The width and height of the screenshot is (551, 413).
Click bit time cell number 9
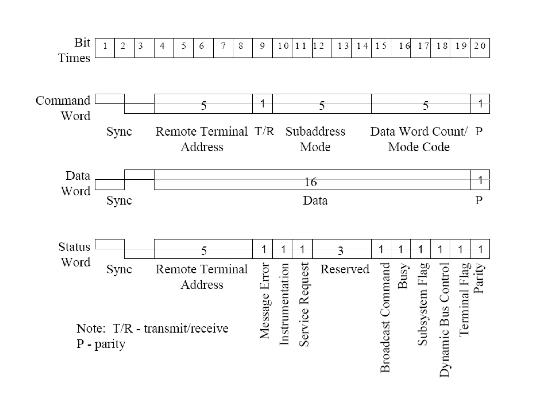[x=262, y=48]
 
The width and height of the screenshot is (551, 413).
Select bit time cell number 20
[x=480, y=48]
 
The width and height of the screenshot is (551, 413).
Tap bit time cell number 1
[x=105, y=48]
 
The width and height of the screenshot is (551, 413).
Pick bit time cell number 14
[x=361, y=48]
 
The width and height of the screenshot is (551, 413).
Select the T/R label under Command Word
[x=264, y=131]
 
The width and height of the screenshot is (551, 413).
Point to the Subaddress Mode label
[x=315, y=139]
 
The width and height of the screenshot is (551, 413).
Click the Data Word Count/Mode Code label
[x=419, y=139]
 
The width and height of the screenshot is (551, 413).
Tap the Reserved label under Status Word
[x=345, y=269]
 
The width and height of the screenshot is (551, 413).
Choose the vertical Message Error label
[x=265, y=301]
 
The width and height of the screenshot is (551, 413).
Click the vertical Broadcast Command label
[x=385, y=317]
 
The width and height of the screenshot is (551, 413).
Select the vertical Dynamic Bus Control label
[x=444, y=320]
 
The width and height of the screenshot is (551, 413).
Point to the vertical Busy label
[x=403, y=276]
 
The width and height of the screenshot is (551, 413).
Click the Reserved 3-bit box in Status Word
[x=341, y=249]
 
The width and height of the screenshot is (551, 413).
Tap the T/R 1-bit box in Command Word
[x=262, y=104]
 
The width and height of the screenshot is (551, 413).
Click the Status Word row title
[x=75, y=254]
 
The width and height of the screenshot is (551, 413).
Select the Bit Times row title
[x=75, y=50]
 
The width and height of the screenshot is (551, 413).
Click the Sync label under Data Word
[x=119, y=200]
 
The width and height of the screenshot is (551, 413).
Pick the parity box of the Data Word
[x=480, y=180]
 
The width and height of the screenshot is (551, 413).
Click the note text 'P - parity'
[x=101, y=344]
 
